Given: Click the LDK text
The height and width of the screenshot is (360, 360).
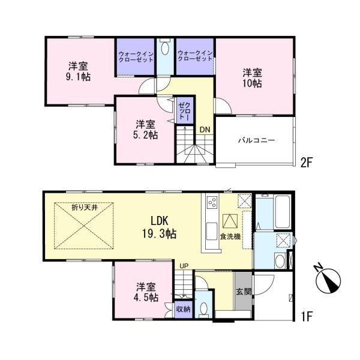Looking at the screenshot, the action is (x=160, y=221).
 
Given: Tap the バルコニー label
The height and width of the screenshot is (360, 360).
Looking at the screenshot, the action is (x=256, y=140).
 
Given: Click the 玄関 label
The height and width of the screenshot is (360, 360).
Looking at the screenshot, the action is (x=244, y=292).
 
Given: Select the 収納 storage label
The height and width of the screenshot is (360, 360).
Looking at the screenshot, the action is (x=183, y=309).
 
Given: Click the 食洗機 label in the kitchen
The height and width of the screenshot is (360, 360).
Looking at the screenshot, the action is (x=230, y=236).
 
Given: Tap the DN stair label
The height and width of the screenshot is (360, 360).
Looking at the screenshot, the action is (x=205, y=130).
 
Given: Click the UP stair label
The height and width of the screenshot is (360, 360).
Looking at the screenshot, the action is (x=184, y=266).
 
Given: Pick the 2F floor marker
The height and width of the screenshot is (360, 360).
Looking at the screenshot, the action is (x=307, y=163).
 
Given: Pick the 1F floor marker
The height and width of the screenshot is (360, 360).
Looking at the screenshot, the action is (x=307, y=317).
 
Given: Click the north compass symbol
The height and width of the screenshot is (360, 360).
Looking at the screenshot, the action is (x=328, y=280).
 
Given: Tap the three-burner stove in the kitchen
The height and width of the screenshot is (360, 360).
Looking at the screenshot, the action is (x=212, y=202).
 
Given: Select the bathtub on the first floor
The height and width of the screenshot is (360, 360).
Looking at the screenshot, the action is (x=283, y=211).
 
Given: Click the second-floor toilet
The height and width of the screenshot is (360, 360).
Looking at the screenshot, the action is (x=164, y=48).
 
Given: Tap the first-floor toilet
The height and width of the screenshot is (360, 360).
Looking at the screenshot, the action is (x=203, y=308).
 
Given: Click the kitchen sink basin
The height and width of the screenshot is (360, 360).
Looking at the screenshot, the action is (x=212, y=231).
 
